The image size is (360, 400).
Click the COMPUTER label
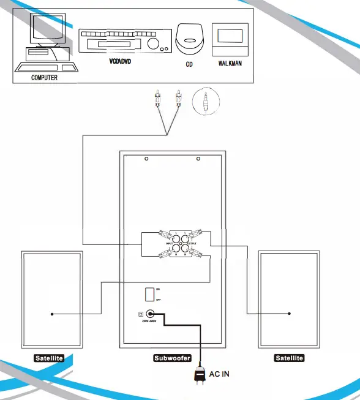click(x=44, y=78)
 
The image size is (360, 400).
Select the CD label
click(x=189, y=63)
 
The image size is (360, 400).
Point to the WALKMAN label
click(x=230, y=62)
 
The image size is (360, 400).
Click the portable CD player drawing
click(x=190, y=38)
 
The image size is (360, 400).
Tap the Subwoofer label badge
click(x=172, y=358)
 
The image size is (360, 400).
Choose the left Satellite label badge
click(x=48, y=358)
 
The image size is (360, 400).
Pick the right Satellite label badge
click(x=288, y=358)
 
